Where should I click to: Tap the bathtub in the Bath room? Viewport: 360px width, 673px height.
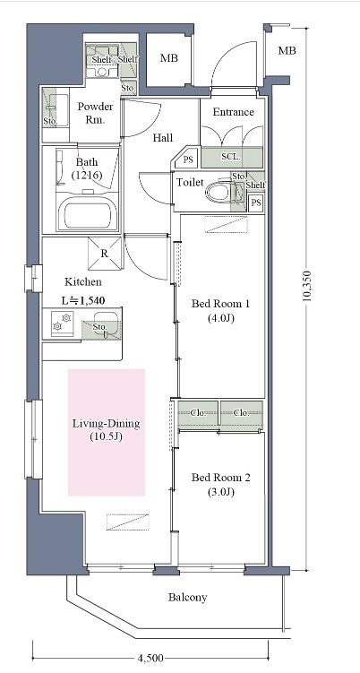click(x=88, y=213)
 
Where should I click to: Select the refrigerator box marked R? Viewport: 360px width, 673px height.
click(x=105, y=254)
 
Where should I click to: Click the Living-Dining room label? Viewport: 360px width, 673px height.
click(x=106, y=430)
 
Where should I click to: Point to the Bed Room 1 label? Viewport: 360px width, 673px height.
click(x=220, y=311)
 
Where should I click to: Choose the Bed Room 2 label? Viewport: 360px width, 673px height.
click(x=221, y=484)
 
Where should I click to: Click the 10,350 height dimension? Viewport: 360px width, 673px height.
click(x=307, y=286)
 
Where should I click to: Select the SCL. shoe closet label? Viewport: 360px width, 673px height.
click(x=231, y=157)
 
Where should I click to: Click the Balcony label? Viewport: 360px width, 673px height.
click(x=187, y=597)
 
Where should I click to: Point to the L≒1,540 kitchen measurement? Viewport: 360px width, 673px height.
click(x=83, y=300)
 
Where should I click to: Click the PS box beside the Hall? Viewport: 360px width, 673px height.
click(x=188, y=160)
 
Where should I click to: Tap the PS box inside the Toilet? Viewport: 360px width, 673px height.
click(x=256, y=203)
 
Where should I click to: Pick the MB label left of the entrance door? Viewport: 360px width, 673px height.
click(x=169, y=58)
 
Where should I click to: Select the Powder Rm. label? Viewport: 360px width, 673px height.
click(x=95, y=113)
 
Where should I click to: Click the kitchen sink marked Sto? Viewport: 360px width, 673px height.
click(x=101, y=326)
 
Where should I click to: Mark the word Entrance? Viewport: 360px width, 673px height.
click(x=234, y=112)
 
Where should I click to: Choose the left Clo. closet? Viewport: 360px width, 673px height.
click(x=198, y=413)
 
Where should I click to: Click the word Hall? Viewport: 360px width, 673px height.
click(x=163, y=138)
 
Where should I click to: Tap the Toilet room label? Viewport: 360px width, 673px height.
click(x=190, y=183)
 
